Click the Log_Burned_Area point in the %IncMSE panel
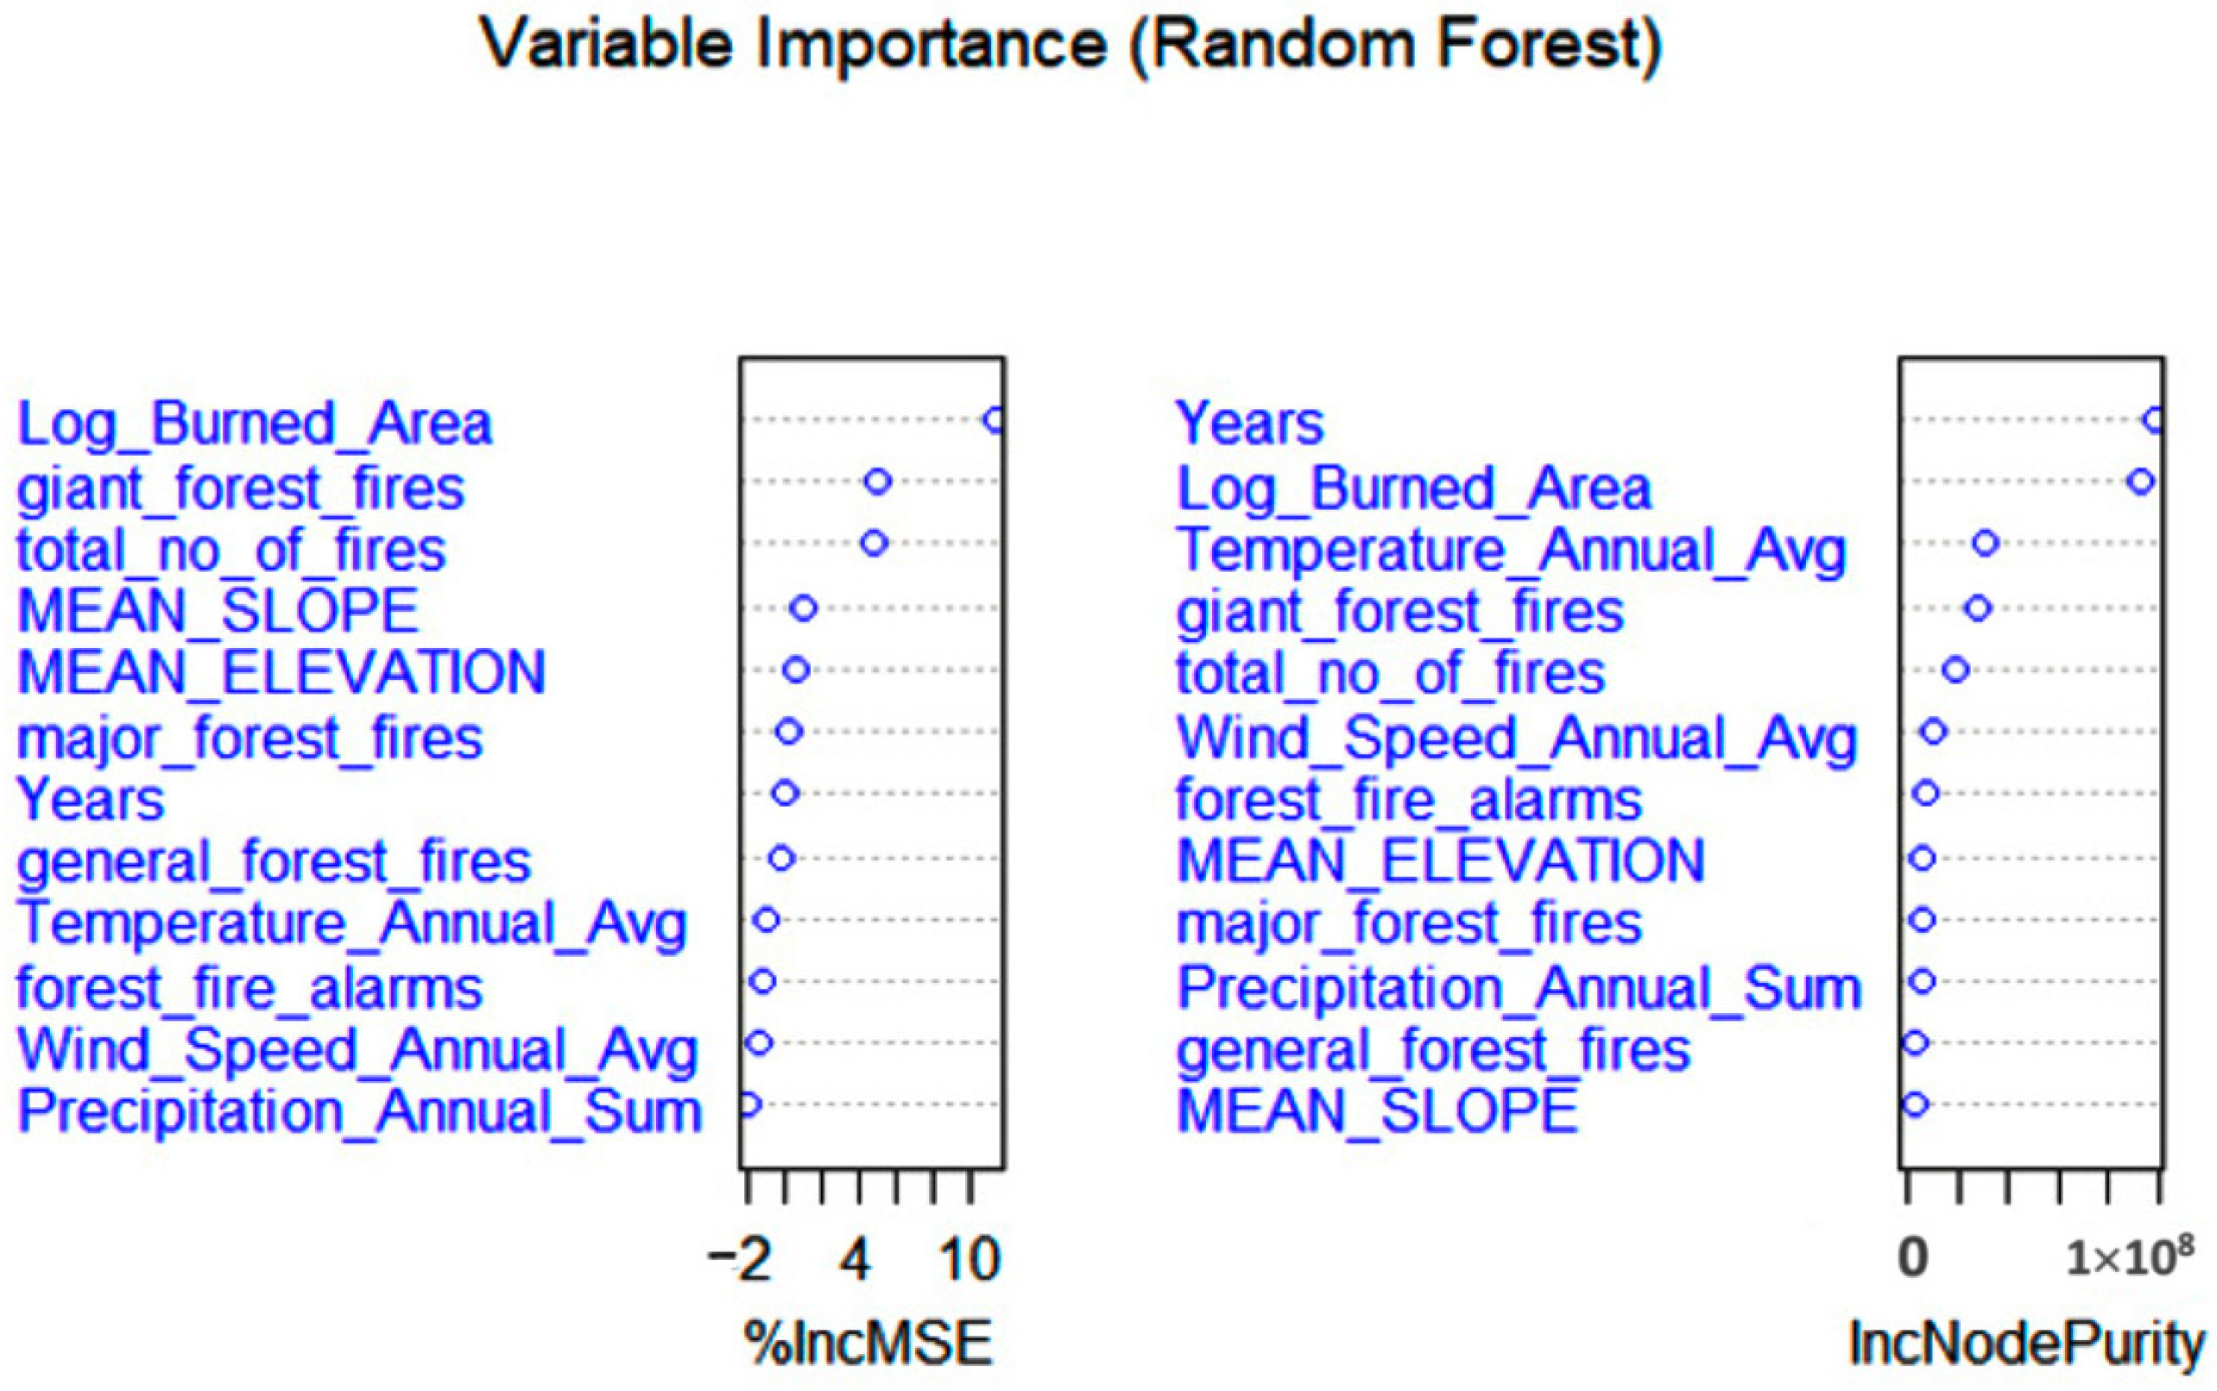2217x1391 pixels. pyautogui.click(x=994, y=420)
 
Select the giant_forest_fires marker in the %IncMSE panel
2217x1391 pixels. pyautogui.click(x=878, y=481)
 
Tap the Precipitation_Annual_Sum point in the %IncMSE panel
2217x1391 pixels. pyautogui.click(x=749, y=1104)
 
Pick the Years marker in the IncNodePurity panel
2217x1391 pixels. pyautogui.click(x=2152, y=420)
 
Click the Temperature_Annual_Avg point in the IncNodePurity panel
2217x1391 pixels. pyautogui.click(x=1985, y=543)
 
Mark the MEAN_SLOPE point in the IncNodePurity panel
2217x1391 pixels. pyautogui.click(x=1915, y=1104)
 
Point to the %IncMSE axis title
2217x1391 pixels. pyautogui.click(x=868, y=1344)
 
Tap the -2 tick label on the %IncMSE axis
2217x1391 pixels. pyautogui.click(x=740, y=1260)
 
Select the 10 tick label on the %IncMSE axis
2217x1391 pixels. pyautogui.click(x=970, y=1260)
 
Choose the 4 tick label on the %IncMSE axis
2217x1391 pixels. pyautogui.click(x=856, y=1260)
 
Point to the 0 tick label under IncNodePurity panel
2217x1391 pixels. pyautogui.click(x=1912, y=1257)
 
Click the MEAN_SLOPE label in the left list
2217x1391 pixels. pyautogui.click(x=219, y=611)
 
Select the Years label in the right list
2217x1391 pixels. pyautogui.click(x=1250, y=423)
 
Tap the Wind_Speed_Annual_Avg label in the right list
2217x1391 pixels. pyautogui.click(x=1516, y=739)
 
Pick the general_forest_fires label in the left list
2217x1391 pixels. pyautogui.click(x=275, y=862)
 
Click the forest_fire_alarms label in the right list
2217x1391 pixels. pyautogui.click(x=1408, y=801)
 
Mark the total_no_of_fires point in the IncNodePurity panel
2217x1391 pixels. pyautogui.click(x=1955, y=670)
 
